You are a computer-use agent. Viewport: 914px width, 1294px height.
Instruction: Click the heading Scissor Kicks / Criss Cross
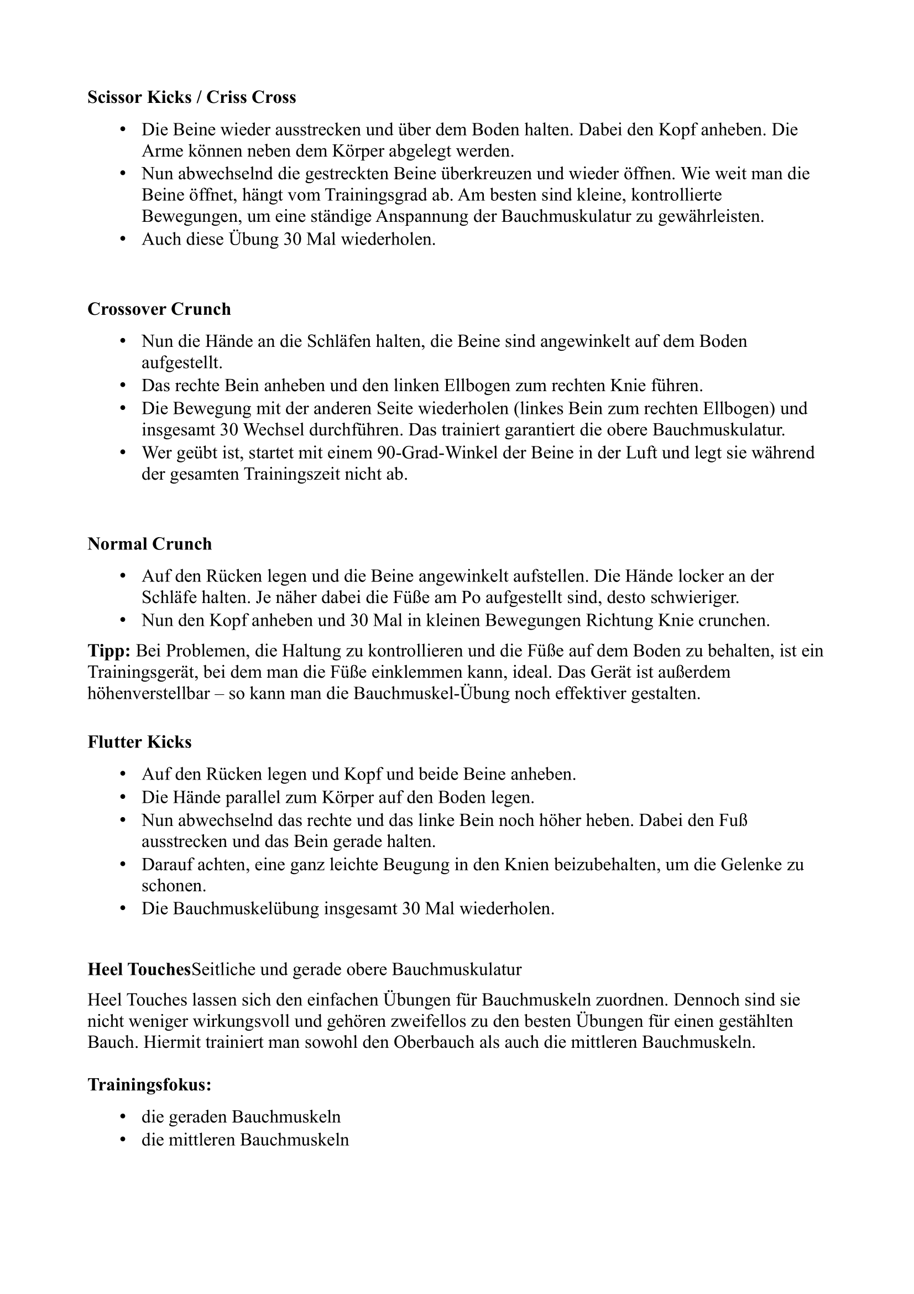coord(191,97)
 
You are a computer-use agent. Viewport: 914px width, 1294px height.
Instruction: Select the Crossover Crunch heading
coord(159,309)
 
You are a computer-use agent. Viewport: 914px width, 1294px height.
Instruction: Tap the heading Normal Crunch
coord(149,544)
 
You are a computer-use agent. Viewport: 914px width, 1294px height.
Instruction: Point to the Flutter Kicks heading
coord(139,742)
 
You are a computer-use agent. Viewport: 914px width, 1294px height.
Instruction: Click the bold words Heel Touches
coord(139,969)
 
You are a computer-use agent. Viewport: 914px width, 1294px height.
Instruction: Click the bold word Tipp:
coord(109,651)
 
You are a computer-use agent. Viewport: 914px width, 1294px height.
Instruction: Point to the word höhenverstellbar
coord(153,694)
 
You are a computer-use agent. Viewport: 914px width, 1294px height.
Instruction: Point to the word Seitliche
coord(226,969)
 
